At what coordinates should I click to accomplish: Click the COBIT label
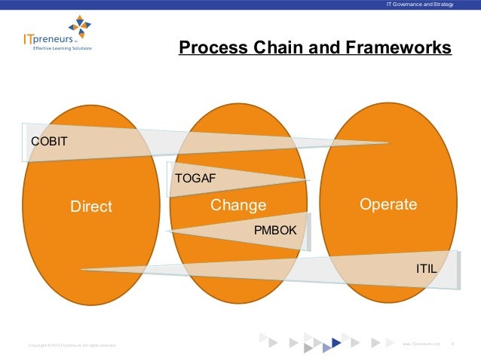pos(48,141)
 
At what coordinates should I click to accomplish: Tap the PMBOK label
pos(275,230)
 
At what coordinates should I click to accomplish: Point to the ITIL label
pos(427,268)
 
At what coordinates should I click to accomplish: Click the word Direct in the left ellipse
pos(91,207)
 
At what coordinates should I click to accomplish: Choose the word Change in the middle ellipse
pos(238,205)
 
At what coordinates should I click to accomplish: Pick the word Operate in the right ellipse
pos(388,205)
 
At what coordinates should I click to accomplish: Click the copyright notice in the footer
pos(71,344)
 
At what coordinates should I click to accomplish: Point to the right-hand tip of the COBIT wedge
pos(388,142)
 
